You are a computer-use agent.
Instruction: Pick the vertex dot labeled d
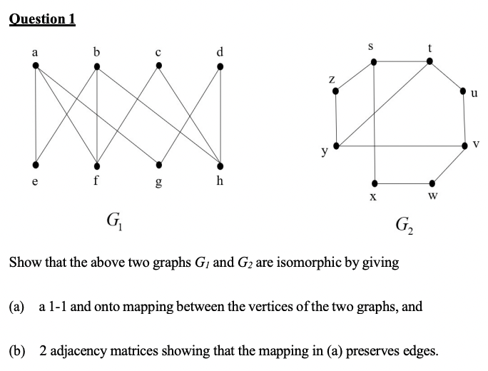click(x=220, y=67)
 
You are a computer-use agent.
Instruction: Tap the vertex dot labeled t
click(x=429, y=62)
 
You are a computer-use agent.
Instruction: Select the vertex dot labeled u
click(x=463, y=91)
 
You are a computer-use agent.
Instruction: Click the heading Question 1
click(x=43, y=19)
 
